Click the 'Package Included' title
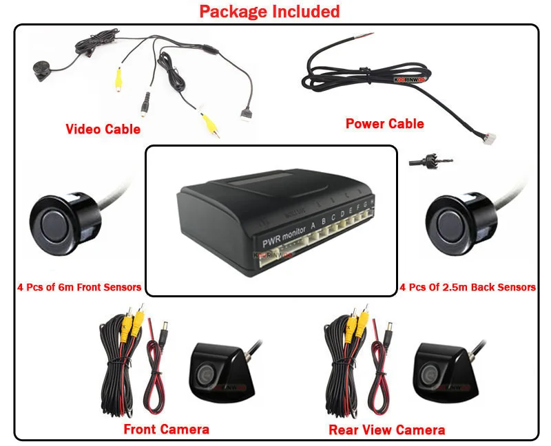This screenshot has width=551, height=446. click(269, 12)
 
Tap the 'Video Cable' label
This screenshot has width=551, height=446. click(103, 129)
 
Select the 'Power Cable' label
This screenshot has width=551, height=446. click(384, 124)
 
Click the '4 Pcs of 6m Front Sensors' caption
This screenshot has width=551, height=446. click(79, 287)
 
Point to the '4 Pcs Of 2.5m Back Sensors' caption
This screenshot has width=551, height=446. click(468, 287)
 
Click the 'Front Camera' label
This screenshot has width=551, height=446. click(166, 429)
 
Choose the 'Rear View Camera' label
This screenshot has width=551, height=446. click(386, 430)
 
